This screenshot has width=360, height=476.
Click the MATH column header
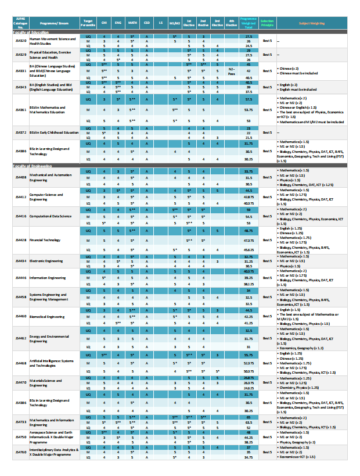tap(132, 24)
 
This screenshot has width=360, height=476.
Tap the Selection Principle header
tap(267, 24)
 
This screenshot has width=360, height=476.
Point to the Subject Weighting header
tap(311, 24)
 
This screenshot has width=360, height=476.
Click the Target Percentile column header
tap(88, 24)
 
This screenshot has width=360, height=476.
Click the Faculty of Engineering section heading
tap(33, 166)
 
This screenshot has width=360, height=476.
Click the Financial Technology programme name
tap(46, 239)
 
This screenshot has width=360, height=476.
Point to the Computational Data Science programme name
tap(51, 216)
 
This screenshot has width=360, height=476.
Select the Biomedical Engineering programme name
tap(47, 317)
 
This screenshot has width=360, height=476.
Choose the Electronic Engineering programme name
tap(48, 262)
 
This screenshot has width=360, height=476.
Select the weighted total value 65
tap(249, 417)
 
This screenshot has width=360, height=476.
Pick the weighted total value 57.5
tap(249, 99)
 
